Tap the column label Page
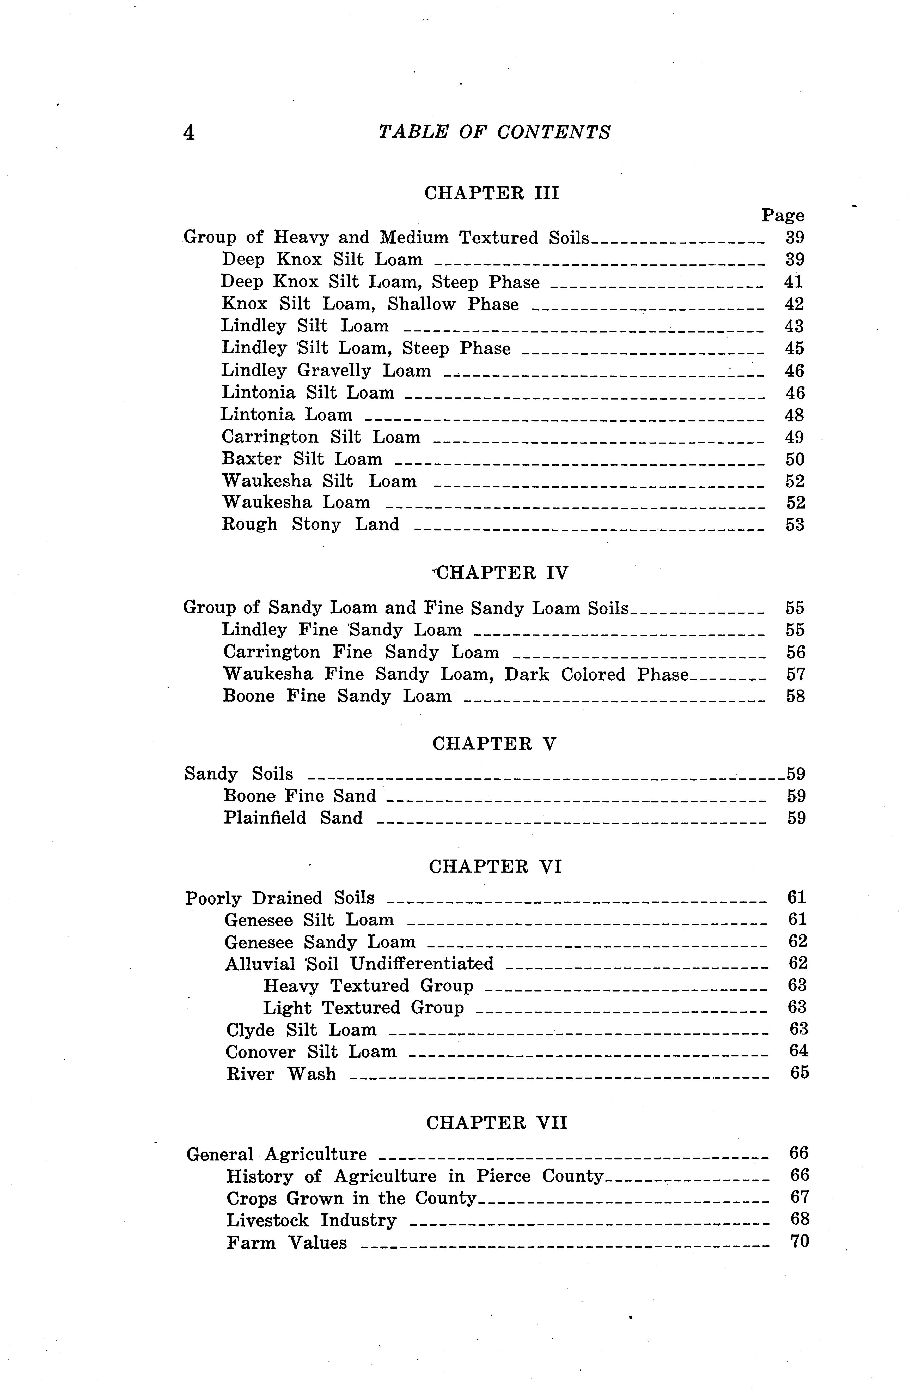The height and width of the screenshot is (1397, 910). coord(783,216)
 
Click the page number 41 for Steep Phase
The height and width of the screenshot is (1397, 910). coord(793,282)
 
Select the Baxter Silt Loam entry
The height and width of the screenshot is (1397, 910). coord(302,459)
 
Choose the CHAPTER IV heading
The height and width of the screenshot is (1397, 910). coord(503,573)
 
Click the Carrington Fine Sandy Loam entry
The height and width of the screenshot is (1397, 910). coord(361,652)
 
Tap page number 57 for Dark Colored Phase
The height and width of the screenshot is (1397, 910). coord(796,674)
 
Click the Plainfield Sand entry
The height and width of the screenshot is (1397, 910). coord(293,818)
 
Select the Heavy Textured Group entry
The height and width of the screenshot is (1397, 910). coord(368,985)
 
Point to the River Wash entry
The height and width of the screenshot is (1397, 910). coord(281,1074)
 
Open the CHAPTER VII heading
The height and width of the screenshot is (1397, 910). coord(496,1123)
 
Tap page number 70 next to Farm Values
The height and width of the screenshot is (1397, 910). coord(800,1242)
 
